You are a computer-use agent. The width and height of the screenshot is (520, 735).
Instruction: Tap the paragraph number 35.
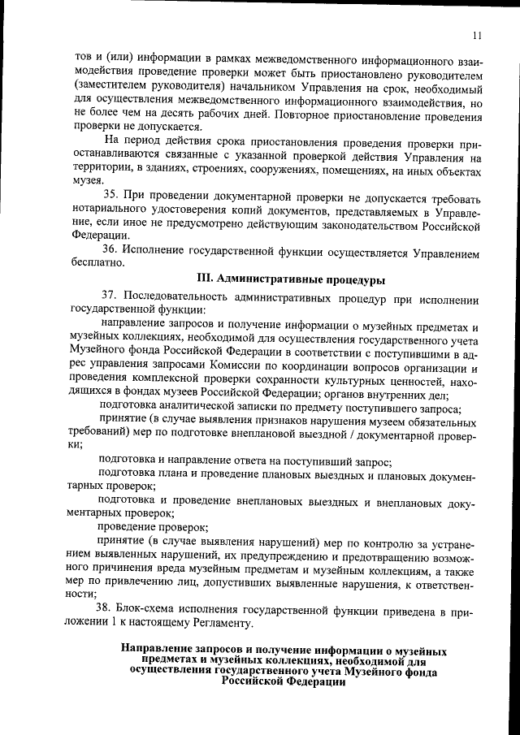[112, 196]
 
